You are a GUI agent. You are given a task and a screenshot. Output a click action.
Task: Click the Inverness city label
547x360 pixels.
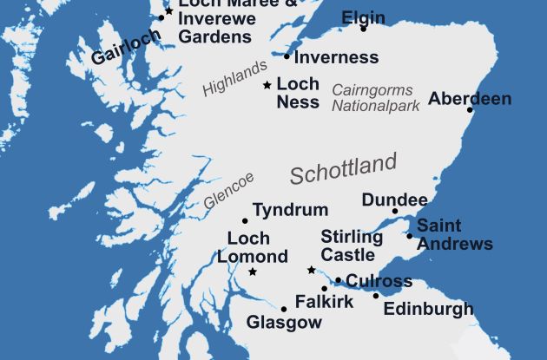coord(337,58)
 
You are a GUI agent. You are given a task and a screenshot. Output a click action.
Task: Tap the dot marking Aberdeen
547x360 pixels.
coord(470,110)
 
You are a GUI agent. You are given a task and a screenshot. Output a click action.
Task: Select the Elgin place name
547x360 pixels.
coord(363,17)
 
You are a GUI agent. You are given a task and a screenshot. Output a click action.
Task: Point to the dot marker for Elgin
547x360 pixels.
coord(364,29)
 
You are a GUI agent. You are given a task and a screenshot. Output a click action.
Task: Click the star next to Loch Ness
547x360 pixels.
coord(267,85)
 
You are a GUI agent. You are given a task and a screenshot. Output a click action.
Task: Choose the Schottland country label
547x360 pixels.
coord(343,168)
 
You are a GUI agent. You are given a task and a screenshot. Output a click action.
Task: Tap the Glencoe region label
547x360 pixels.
coord(229,190)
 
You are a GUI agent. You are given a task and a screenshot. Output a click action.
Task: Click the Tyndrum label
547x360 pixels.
coord(290,210)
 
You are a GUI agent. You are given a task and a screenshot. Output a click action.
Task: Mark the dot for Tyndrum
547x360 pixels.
coord(245,220)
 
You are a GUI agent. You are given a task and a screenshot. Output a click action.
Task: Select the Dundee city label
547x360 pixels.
coord(394,200)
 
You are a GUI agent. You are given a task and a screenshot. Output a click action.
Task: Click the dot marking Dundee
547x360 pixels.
coord(394,211)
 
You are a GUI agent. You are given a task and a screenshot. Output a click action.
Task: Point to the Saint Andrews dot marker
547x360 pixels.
coord(410,235)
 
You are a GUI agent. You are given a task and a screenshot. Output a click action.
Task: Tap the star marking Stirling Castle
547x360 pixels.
coord(311,270)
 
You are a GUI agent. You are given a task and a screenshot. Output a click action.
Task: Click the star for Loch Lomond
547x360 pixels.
coord(253,272)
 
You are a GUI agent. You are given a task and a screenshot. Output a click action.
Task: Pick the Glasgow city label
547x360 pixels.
coord(284,322)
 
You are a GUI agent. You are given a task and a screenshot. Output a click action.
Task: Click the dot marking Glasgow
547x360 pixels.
coord(284,309)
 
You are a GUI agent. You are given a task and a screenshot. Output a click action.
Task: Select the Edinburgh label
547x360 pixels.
coord(428,309)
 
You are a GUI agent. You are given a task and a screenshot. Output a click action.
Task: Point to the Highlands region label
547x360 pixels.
coord(235,78)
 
